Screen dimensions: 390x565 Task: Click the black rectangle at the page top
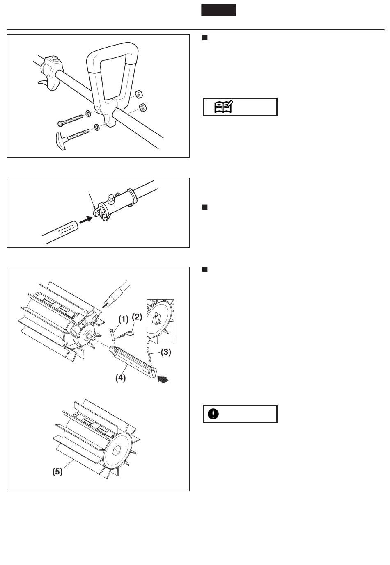click(218, 10)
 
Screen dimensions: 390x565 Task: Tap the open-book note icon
click(224, 107)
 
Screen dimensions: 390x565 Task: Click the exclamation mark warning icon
click(213, 414)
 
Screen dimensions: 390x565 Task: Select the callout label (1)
click(123, 319)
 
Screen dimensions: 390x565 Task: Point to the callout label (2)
click(137, 317)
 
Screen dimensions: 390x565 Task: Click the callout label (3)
click(166, 352)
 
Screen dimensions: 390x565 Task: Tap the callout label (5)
click(57, 472)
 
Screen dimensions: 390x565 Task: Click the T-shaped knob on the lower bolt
click(61, 141)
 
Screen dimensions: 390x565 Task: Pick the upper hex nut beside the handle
click(139, 94)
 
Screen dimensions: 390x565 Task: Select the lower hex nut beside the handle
click(143, 107)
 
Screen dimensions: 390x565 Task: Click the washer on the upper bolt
click(88, 113)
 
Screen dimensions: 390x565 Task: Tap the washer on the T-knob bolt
click(97, 127)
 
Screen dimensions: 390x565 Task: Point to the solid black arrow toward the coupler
click(86, 220)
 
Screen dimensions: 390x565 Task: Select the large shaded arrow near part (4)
click(163, 379)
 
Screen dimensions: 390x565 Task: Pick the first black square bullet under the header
click(205, 38)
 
